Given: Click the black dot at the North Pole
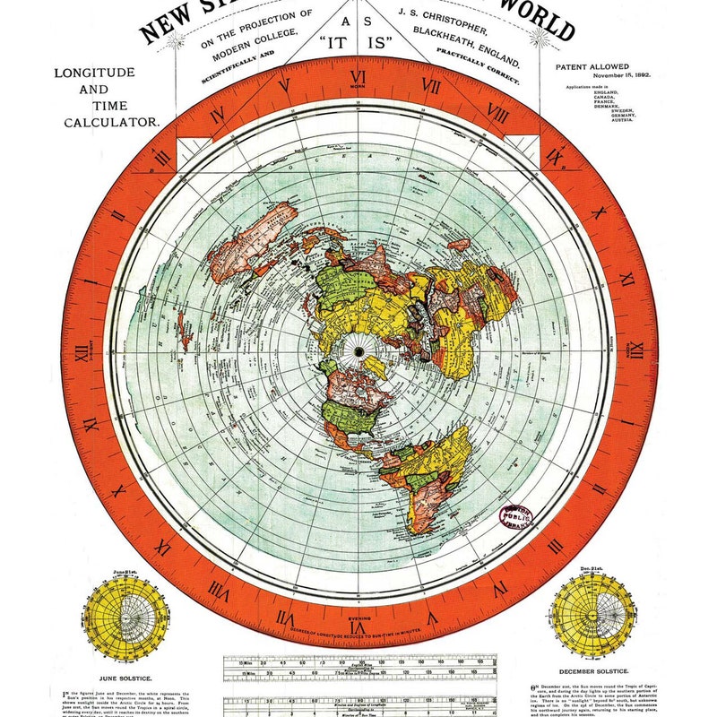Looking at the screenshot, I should coord(359,349).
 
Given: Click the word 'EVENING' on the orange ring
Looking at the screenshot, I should coord(358,618).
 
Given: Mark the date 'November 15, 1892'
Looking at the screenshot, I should coord(598,77).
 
